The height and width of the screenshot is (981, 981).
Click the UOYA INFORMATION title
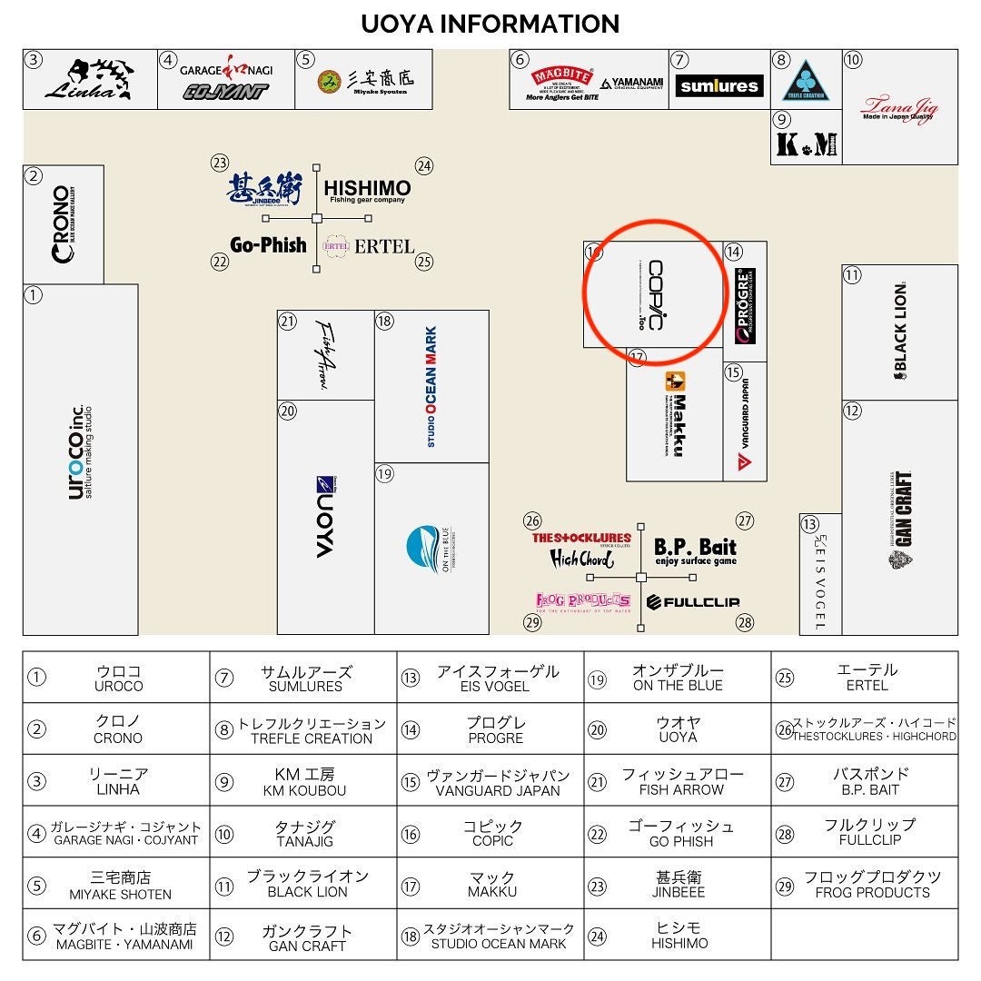(490, 24)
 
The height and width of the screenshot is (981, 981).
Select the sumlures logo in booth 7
(719, 86)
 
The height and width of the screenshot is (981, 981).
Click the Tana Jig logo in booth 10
(899, 108)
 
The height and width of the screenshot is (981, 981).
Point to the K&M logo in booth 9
(807, 144)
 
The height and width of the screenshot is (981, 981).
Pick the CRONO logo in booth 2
(62, 223)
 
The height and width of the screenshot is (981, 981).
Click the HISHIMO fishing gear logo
(367, 190)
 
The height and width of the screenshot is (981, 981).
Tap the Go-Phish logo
(268, 244)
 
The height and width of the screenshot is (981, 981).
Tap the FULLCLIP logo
(693, 601)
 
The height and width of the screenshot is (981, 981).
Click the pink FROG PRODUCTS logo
(582, 601)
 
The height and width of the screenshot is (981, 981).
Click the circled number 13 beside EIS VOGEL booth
(809, 524)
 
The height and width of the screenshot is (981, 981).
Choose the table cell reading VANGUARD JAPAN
(498, 781)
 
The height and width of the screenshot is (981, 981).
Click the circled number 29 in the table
(785, 885)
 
